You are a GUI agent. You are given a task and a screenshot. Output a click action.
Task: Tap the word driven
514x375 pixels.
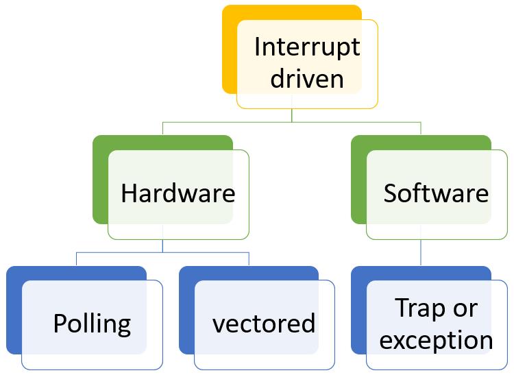[306, 79]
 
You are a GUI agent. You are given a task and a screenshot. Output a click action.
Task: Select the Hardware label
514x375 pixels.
[178, 193]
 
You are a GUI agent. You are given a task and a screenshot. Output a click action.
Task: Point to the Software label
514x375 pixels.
[436, 193]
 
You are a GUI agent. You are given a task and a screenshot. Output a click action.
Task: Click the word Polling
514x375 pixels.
[92, 324]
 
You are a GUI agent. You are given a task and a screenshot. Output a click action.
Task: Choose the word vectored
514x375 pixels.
[264, 324]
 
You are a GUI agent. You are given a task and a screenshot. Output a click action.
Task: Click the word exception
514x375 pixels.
[436, 339]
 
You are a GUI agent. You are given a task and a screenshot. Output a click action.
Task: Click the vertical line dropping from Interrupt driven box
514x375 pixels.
[292, 115]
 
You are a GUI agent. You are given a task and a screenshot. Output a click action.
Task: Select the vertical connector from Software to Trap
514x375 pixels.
[421, 252]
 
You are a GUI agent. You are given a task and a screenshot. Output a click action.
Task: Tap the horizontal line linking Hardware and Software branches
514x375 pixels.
[226, 122]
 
